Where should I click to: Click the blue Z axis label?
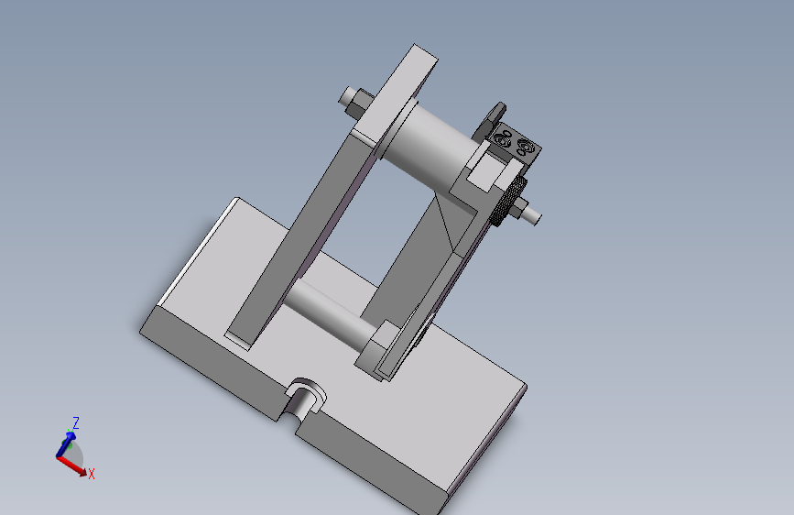pyautogui.click(x=75, y=422)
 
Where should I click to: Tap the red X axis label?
pyautogui.click(x=92, y=474)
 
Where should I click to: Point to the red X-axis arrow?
pyautogui.click(x=71, y=466)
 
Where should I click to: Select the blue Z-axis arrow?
pyautogui.click(x=66, y=444)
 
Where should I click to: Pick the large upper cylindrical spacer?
pyautogui.click(x=430, y=146)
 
